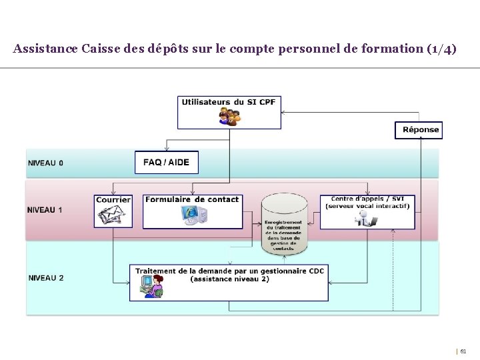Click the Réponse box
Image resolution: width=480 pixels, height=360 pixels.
click(x=421, y=129)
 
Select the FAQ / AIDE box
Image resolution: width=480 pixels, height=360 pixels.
click(x=166, y=162)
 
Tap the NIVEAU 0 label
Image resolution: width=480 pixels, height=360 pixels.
click(x=46, y=163)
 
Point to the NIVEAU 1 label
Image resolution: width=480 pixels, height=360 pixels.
click(x=46, y=209)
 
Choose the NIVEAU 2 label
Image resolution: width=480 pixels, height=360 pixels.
click(x=46, y=277)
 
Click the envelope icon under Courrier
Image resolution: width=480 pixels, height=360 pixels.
click(x=113, y=215)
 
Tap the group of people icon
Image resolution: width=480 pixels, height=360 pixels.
click(x=229, y=117)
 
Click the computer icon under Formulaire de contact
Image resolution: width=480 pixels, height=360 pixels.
click(x=194, y=215)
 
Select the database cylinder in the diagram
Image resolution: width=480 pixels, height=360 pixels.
click(x=284, y=223)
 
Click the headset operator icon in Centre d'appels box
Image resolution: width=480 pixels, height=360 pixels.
click(x=366, y=218)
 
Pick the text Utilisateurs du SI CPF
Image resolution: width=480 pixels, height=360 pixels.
click(x=229, y=102)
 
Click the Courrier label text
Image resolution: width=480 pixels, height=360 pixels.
click(x=113, y=199)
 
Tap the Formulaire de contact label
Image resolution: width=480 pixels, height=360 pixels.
click(x=192, y=199)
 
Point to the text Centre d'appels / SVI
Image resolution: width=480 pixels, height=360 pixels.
click(x=367, y=199)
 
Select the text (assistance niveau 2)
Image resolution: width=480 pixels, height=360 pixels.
click(x=229, y=279)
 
